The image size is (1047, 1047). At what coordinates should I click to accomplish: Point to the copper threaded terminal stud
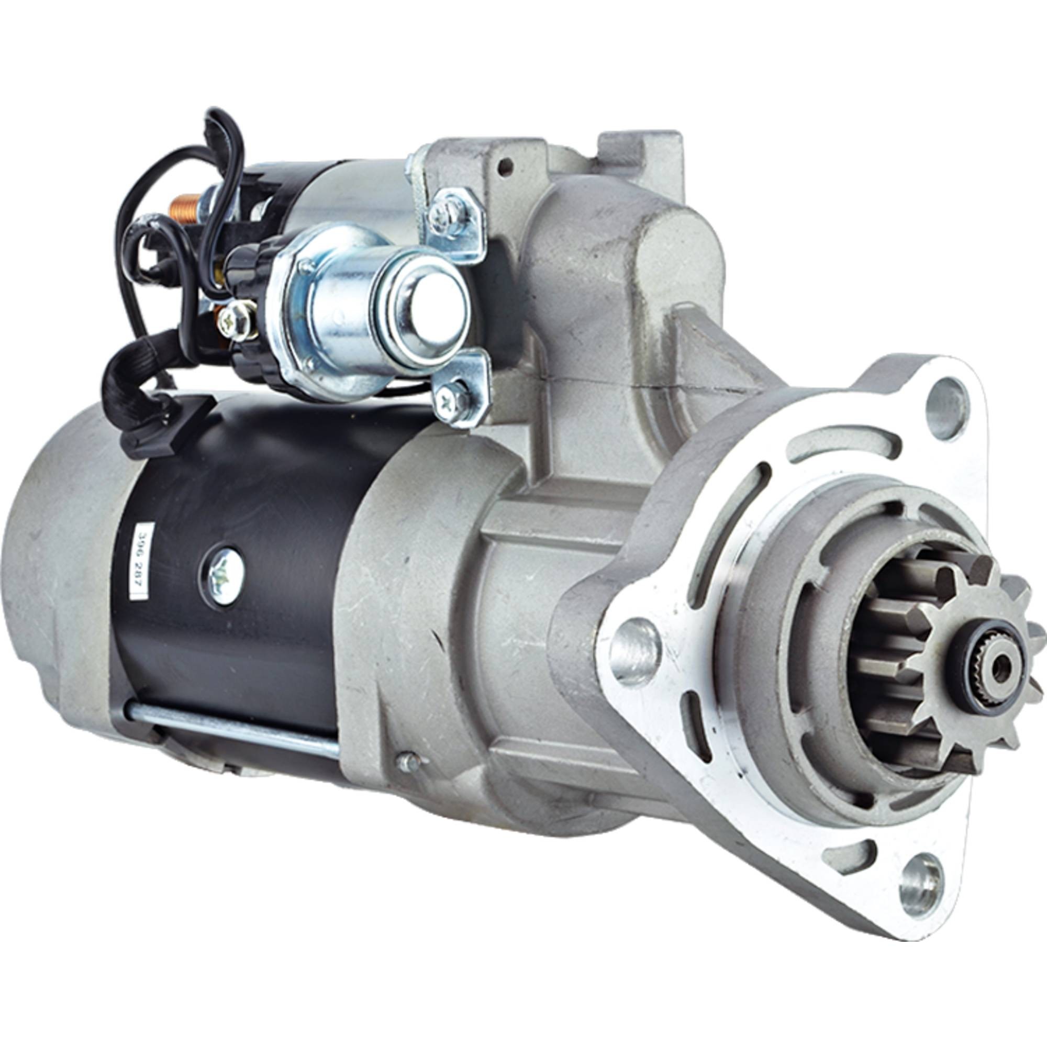[x=181, y=207]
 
